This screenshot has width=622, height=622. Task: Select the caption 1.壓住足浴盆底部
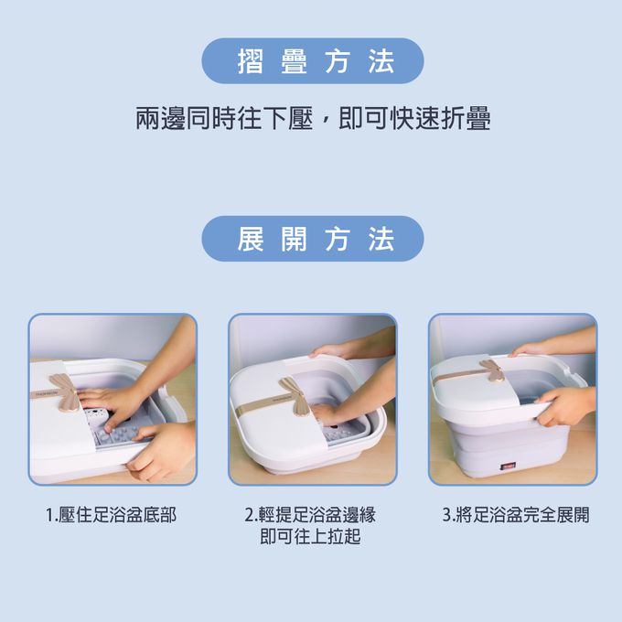click(112, 515)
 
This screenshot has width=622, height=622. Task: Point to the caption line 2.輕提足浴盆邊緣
click(310, 515)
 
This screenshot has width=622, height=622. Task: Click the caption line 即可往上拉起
click(310, 537)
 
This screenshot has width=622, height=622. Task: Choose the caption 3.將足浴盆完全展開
click(515, 515)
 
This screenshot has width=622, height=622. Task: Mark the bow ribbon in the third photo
click(494, 369)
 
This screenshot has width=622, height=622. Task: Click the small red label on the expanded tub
click(501, 466)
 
